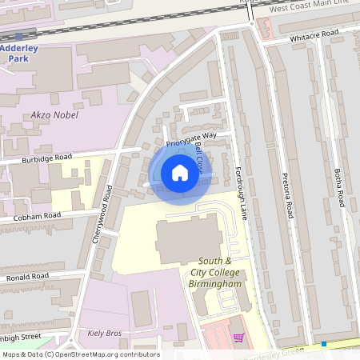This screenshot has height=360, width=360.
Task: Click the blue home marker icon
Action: pos(180,172)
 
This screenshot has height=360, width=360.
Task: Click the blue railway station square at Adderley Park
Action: pos(18,37)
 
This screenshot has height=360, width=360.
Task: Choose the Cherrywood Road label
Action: pos(102,214)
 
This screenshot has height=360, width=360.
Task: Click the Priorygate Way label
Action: pos(191,140)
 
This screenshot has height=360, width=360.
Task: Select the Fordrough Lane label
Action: pos(241,193)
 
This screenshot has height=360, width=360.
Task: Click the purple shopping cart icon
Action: pos(238,338)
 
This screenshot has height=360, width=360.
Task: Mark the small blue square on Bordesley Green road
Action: pos(324,344)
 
